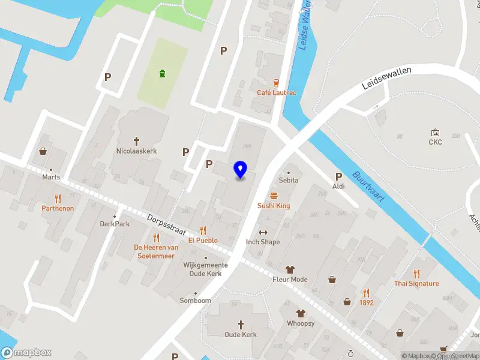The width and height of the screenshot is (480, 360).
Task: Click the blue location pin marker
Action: (241, 170)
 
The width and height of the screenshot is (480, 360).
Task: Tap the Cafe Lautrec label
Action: (277, 92)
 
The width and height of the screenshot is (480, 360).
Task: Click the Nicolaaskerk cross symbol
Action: (136, 142)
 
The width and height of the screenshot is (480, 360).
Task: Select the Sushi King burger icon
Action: (274, 196)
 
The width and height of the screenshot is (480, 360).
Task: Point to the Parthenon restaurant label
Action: (58, 208)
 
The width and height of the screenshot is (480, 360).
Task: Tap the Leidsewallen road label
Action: (386, 78)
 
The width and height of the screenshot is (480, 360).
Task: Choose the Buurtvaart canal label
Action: (368, 187)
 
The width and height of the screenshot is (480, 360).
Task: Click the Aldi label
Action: (339, 187)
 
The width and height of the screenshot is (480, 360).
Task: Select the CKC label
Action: (435, 142)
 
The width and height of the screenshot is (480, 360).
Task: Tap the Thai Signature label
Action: (416, 283)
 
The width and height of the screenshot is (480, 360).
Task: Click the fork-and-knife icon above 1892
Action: (366, 293)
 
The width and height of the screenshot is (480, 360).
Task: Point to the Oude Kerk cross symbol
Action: (241, 325)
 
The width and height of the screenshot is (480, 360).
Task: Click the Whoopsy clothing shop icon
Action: (301, 313)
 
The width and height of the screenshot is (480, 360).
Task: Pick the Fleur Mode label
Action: (290, 280)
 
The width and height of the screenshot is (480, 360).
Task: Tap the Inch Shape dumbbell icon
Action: (262, 232)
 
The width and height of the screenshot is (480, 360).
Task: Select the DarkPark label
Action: (115, 224)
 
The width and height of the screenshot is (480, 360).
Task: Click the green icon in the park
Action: (162, 74)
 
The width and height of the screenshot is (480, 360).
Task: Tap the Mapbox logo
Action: (26, 353)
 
